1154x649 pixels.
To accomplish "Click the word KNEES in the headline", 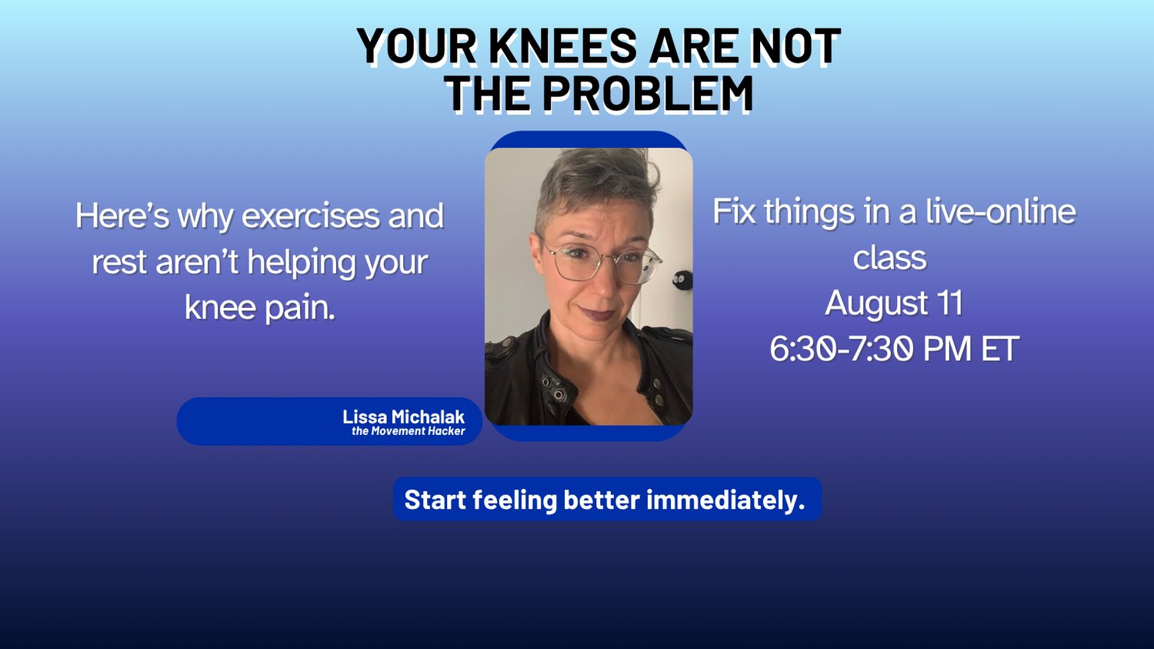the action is (562, 45).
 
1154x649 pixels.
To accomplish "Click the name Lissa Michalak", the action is (403, 416).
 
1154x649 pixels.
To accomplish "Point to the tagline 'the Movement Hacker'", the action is (408, 431).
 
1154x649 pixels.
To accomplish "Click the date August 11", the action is (894, 303).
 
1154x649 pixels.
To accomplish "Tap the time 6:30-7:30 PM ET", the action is (894, 349).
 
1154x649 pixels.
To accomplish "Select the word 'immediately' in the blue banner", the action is (725, 500).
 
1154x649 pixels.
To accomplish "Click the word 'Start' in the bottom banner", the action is (435, 500).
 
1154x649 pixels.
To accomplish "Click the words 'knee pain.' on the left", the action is (260, 308).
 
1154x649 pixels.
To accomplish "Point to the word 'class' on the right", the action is (889, 258).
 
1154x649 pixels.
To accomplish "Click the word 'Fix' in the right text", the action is (734, 212).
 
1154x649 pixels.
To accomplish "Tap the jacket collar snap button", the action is (559, 394).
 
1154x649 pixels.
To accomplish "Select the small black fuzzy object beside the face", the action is (683, 280).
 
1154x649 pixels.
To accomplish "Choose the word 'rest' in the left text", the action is (119, 262).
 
